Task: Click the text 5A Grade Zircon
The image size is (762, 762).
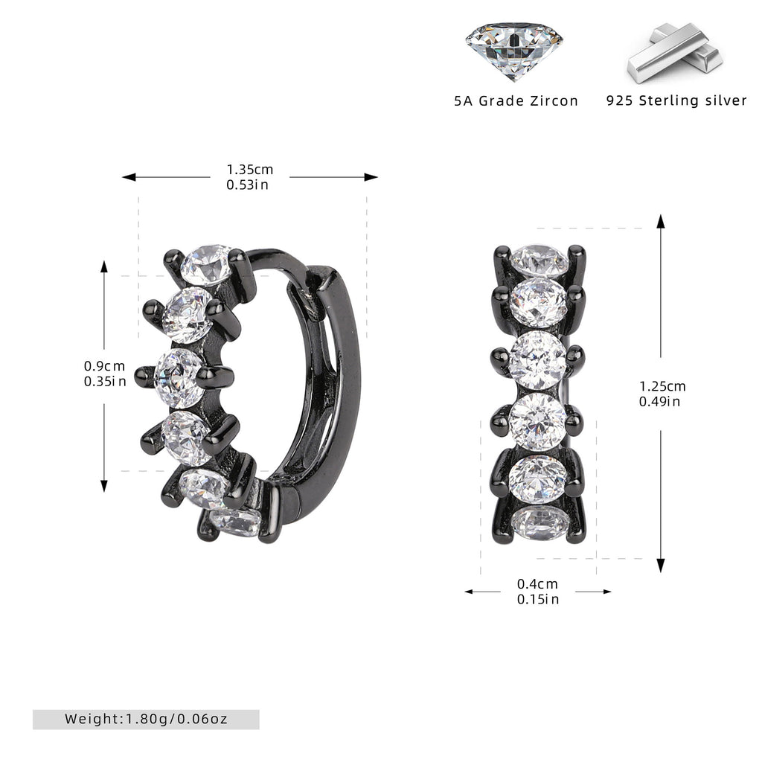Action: point(516,101)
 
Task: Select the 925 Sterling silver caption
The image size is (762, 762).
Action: point(676,100)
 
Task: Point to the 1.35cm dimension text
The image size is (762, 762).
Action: point(250,170)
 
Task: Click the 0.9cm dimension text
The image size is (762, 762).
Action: point(104,366)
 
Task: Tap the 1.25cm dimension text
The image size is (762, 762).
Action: point(662,386)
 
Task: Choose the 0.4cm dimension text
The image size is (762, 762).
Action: point(537,583)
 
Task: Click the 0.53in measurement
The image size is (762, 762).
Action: point(247,185)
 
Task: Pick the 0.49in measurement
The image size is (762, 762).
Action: point(659,401)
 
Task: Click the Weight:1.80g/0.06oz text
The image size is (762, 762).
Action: point(147,719)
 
